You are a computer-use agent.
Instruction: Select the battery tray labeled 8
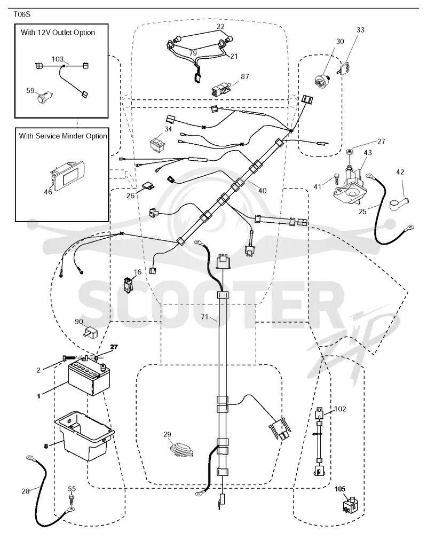pos(84,435)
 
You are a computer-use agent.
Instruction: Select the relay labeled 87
pos(222,90)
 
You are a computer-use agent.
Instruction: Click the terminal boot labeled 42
pos(397,203)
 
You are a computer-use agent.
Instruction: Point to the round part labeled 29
pos(181,449)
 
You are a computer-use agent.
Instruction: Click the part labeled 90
pos(90,332)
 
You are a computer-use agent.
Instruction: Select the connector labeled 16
pos(128,285)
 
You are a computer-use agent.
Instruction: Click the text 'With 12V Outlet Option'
pos(58,33)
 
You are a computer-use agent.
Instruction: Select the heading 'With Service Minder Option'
pos(63,136)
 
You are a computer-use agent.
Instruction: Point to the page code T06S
pos(22,14)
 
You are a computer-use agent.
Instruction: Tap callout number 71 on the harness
pos(204,317)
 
